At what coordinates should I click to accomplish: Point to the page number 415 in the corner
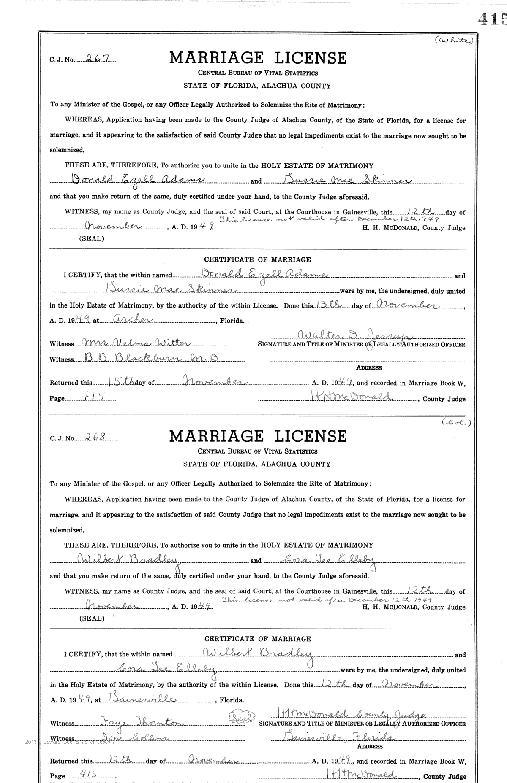coord(492,19)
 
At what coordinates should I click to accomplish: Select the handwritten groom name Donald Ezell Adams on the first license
coord(132,180)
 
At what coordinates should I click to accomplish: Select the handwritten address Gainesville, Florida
coord(338,737)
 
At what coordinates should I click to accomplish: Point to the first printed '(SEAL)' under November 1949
coord(91,238)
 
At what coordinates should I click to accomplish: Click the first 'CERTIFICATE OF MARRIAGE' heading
coord(257,259)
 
